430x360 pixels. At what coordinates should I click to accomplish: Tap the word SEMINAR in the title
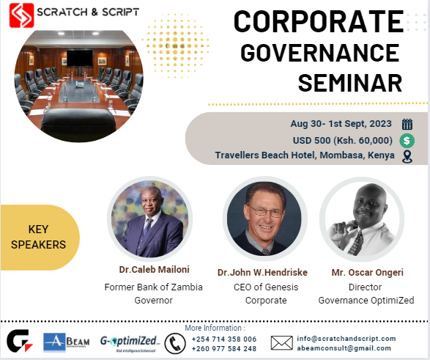[x=350, y=82]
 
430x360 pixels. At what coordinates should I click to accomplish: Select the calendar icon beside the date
[x=407, y=124]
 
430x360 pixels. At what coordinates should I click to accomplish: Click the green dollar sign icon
[x=407, y=140]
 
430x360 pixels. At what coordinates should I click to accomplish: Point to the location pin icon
[x=407, y=155]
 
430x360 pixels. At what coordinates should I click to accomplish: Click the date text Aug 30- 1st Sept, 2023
[x=341, y=124]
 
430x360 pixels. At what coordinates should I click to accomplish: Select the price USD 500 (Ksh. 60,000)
[x=341, y=140]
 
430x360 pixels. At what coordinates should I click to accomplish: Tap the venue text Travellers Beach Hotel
[x=304, y=155]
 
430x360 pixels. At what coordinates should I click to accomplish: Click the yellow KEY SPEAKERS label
[x=38, y=236]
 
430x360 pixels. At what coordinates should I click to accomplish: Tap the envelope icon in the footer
[x=281, y=342]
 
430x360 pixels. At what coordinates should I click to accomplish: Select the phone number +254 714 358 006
[x=224, y=339]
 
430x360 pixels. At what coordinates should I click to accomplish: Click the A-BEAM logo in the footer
[x=67, y=342]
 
